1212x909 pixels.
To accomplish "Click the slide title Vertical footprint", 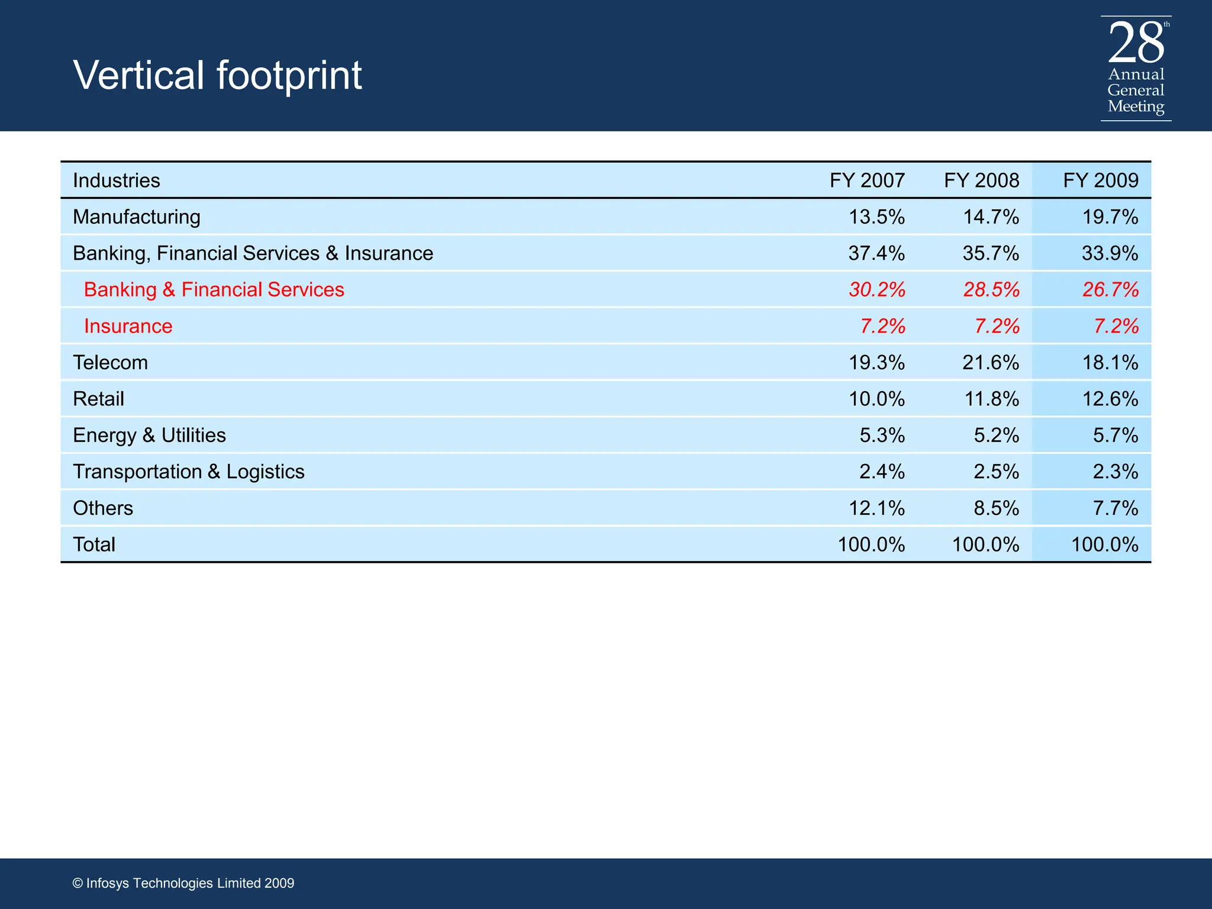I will pos(217,75).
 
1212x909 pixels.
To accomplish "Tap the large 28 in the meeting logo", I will pos(1135,43).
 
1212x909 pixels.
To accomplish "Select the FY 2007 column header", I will pos(867,180).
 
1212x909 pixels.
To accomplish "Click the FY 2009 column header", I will pos(1100,180).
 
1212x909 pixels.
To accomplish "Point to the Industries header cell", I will pos(117,180).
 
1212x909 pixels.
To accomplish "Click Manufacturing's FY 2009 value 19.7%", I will pos(1110,217).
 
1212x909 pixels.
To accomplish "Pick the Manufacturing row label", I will pos(137,217).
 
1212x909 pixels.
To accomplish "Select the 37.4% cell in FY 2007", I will pos(876,253).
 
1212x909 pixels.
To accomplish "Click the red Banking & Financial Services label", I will pos(214,290).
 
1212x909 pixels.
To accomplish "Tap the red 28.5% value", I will pos(991,290).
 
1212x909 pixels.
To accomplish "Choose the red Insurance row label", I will pos(128,326).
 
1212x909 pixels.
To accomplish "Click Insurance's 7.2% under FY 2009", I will pos(1116,326).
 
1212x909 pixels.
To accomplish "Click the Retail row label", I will pos(98,399).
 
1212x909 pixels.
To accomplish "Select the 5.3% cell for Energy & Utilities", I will pos(882,436).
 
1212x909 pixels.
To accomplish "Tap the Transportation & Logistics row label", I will pos(188,472).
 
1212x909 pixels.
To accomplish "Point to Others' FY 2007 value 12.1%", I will pos(876,508).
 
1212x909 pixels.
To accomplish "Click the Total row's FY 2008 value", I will pos(985,544).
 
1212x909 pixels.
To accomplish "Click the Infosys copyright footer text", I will pos(183,883).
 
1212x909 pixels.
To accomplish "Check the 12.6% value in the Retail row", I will pos(1110,399).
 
